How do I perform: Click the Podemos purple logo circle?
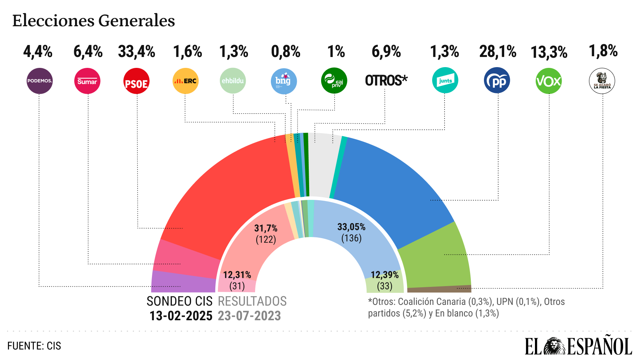[x=39, y=81]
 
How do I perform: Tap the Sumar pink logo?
[x=87, y=81]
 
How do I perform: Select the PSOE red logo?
[x=136, y=81]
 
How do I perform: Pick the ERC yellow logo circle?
[x=185, y=81]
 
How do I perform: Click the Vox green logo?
[x=548, y=81]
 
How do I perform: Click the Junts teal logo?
[x=445, y=80]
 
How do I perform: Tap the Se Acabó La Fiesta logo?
[x=602, y=81]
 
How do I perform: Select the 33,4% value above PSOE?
[x=137, y=52]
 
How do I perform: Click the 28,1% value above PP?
[x=497, y=52]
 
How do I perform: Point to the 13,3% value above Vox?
[x=549, y=52]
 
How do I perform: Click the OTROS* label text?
[x=386, y=80]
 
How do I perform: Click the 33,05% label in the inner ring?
[x=351, y=227]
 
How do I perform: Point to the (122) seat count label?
[x=266, y=239]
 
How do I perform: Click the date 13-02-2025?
[x=181, y=316]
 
